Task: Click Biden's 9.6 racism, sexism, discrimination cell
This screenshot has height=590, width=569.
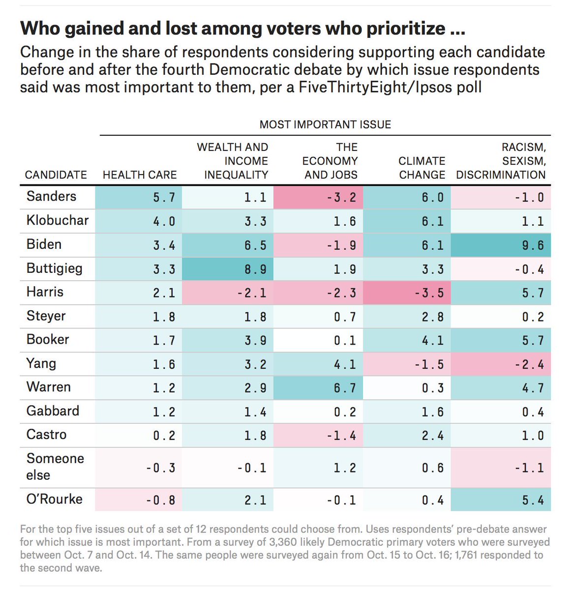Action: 502,245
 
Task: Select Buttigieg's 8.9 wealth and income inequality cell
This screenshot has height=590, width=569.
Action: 228,269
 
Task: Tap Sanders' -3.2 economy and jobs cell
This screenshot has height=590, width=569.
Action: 319,197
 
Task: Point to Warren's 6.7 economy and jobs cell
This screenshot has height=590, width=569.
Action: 319,388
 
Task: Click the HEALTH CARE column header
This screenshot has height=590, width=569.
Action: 140,175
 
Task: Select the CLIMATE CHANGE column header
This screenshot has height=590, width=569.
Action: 422,168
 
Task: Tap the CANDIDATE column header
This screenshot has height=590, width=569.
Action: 56,175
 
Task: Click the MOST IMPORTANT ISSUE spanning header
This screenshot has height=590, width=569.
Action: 325,125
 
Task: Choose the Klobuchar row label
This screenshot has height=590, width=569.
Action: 58,220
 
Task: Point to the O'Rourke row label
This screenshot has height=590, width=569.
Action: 55,499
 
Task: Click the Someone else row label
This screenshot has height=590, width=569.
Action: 55,467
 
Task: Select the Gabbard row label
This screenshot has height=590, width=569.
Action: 53,411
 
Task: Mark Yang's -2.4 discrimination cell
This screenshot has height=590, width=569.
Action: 502,364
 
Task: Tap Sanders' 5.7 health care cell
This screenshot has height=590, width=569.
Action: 139,197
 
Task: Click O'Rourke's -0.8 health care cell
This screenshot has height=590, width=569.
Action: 139,500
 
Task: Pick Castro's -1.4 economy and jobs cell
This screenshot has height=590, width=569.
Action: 319,436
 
